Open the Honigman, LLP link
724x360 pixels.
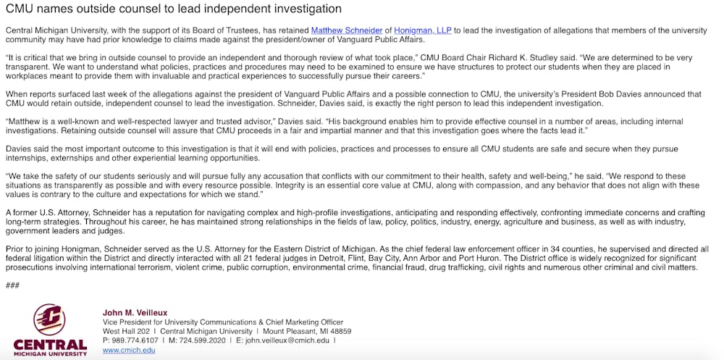coord(403,30)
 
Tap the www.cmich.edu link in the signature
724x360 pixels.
coord(129,351)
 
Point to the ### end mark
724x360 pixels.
coord(12,285)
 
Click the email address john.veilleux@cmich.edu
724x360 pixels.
coord(287,340)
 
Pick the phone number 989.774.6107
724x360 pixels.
coord(133,340)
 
